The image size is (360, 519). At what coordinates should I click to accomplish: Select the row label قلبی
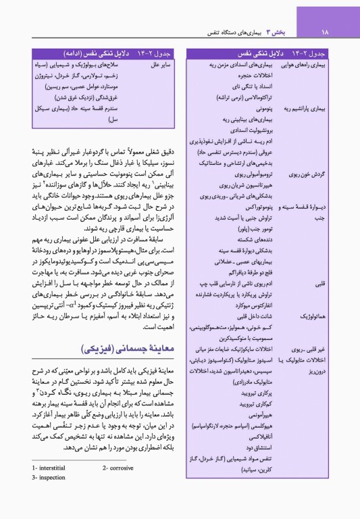coord(336,285)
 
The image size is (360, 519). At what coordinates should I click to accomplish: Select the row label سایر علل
coord(162,65)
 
